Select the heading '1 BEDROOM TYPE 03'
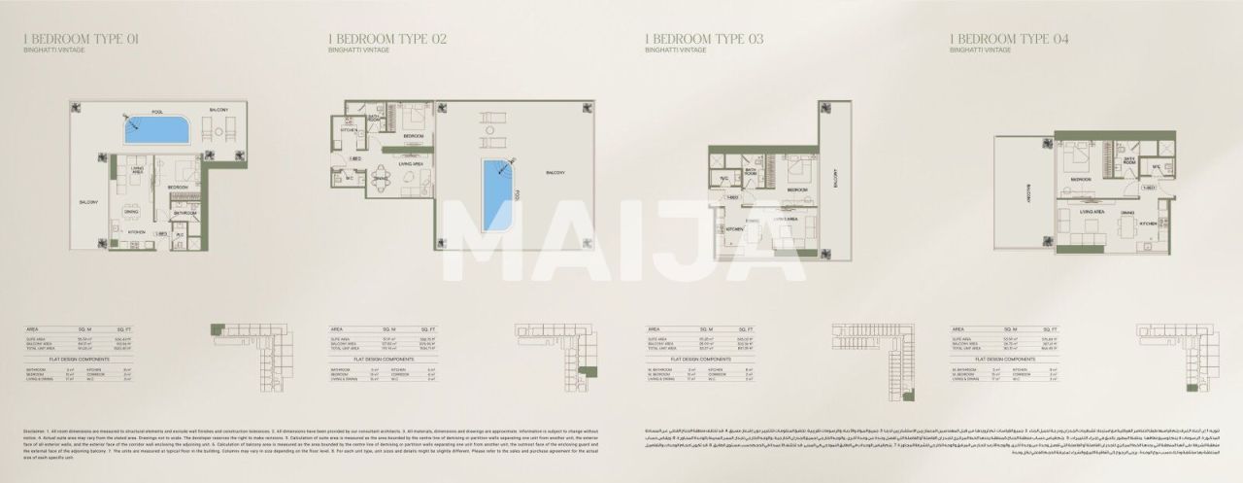pyautogui.click(x=704, y=39)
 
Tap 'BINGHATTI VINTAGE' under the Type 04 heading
pyautogui.click(x=980, y=50)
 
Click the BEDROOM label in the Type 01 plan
pyautogui.click(x=178, y=188)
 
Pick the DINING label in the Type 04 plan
pyautogui.click(x=1127, y=212)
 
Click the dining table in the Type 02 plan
pyautogui.click(x=381, y=179)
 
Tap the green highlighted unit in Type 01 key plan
pyautogui.click(x=217, y=329)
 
